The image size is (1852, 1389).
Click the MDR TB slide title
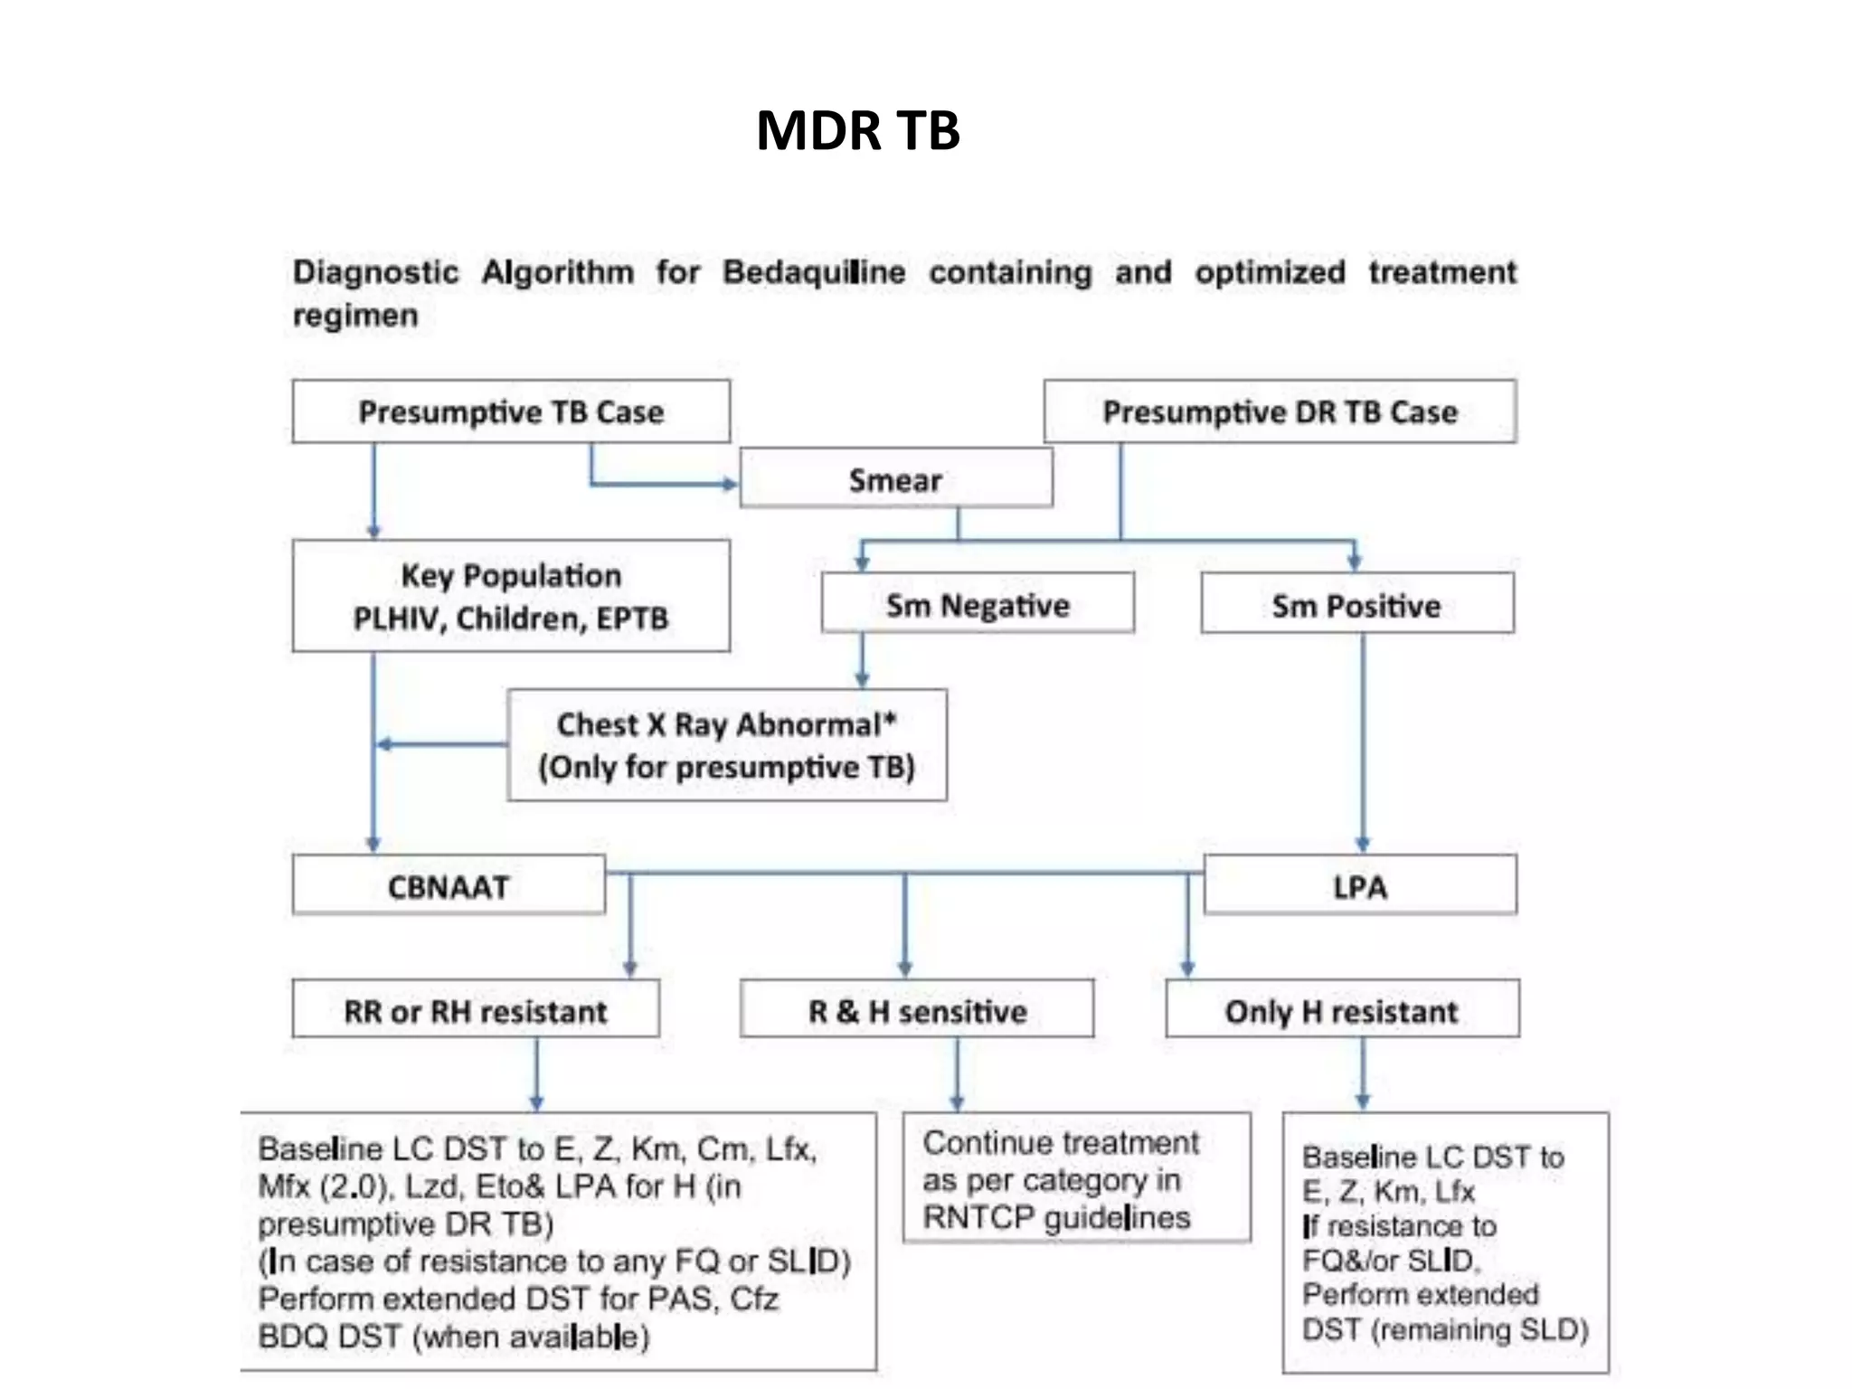[857, 130]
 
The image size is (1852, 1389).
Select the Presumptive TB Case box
[511, 412]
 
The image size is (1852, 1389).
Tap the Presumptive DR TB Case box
[1280, 412]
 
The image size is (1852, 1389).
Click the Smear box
[895, 479]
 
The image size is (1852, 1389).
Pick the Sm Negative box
[977, 604]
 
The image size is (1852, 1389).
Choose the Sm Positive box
[1356, 604]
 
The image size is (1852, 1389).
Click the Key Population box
[511, 596]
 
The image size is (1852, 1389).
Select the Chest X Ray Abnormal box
[727, 745]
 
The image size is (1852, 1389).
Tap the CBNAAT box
[449, 886]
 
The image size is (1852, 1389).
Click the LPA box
[1359, 886]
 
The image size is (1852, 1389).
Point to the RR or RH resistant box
[476, 1010]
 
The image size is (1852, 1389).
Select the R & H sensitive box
[917, 1010]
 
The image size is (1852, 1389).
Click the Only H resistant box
[1342, 1010]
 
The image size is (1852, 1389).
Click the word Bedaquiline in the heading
[814, 272]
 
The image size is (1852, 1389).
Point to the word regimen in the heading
[355, 316]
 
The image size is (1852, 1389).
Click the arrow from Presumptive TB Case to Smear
[660, 484]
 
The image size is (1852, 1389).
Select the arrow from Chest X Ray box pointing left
[443, 744]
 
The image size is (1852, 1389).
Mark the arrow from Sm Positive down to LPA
[1363, 742]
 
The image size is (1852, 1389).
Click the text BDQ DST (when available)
[454, 1336]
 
